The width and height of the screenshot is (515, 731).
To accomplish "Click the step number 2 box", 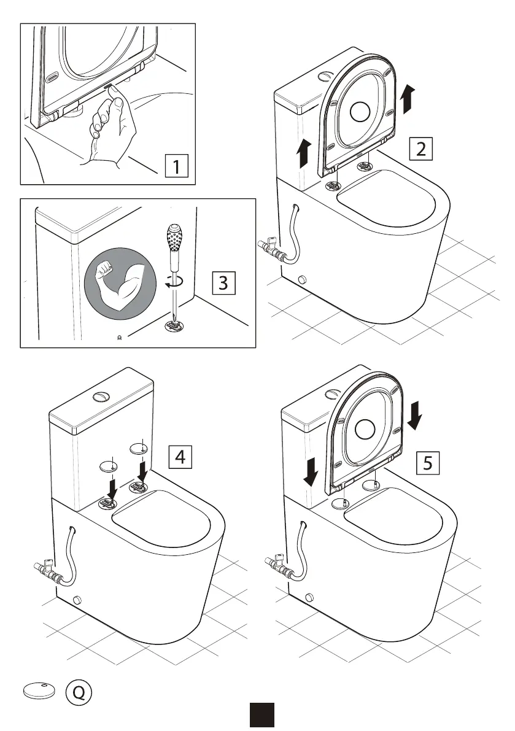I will pos(420,149).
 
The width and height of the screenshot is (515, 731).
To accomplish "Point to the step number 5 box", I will pos(428,462).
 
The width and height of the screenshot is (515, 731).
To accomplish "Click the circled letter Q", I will pos(79,692).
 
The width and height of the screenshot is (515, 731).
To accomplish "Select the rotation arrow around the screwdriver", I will pos(172,282).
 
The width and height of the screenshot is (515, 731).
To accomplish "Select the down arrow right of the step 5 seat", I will pos(415,416).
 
